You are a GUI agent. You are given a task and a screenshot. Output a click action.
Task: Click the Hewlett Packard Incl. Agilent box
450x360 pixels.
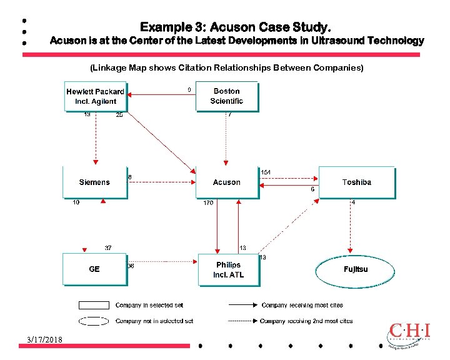click(95, 96)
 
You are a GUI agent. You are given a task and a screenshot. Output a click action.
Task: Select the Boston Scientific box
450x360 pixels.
click(226, 96)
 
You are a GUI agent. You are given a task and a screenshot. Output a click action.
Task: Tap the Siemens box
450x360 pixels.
click(94, 182)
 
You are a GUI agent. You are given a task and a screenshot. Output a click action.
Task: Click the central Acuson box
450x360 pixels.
click(226, 182)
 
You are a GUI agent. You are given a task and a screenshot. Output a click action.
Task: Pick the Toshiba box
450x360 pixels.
click(357, 182)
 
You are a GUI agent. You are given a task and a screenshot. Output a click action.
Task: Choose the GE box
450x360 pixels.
click(94, 269)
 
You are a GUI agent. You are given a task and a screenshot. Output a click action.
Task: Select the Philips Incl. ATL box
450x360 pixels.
click(228, 270)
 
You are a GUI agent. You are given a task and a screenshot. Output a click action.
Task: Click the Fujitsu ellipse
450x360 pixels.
click(356, 269)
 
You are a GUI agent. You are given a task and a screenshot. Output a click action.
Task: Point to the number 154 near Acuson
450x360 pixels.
click(266, 172)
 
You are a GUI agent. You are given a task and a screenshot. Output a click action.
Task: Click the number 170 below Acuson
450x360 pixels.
click(207, 203)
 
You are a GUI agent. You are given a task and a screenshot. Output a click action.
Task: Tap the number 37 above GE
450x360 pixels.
click(108, 248)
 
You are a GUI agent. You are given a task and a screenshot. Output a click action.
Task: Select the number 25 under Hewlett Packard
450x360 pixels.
click(119, 115)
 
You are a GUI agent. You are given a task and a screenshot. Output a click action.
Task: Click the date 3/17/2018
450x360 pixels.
click(44, 339)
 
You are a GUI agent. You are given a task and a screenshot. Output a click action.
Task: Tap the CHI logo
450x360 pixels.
click(409, 334)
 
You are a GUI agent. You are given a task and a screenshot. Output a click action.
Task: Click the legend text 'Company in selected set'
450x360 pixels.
click(149, 306)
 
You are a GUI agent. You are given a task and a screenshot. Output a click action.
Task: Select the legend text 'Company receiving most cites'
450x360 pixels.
click(302, 306)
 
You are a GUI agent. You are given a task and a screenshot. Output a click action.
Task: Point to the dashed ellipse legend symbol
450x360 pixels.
click(94, 321)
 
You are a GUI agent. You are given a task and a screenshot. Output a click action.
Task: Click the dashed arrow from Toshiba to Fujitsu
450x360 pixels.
click(351, 225)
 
